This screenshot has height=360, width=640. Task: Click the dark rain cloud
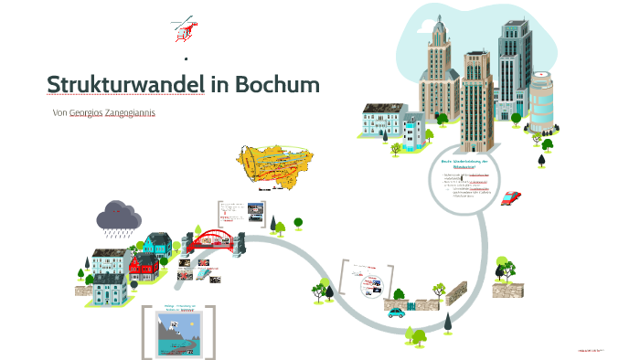[119, 216]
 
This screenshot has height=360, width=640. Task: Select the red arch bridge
[215, 239]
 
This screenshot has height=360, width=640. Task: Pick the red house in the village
[144, 266]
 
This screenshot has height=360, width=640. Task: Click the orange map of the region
[270, 166]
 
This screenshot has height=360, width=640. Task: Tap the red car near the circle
[511, 197]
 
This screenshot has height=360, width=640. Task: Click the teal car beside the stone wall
[396, 312]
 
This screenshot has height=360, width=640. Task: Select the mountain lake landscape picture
[178, 334]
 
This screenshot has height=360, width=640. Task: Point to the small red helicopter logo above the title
[184, 30]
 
